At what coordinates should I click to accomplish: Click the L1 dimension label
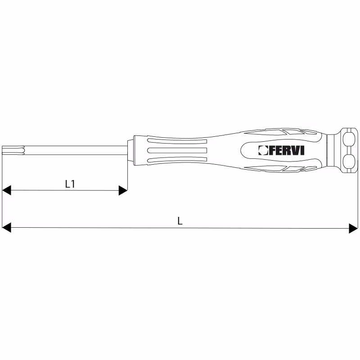(x=70, y=184)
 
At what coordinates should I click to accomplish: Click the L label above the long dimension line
(x=180, y=221)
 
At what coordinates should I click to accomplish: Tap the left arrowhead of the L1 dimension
(x=6, y=190)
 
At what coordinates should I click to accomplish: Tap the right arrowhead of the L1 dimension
(x=123, y=190)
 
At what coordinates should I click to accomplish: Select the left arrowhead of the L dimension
(x=6, y=228)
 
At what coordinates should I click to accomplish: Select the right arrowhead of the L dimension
(x=353, y=228)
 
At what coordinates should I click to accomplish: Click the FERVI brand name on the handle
(x=287, y=150)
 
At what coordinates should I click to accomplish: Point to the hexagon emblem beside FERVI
(x=263, y=150)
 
